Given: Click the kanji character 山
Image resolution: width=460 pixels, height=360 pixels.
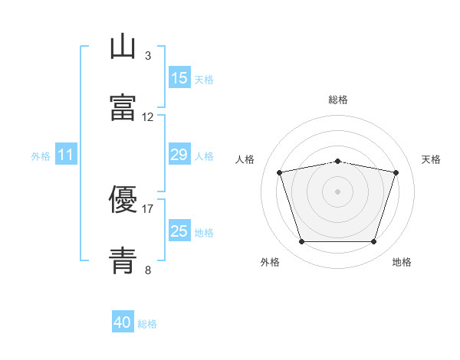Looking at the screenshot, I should (x=123, y=47).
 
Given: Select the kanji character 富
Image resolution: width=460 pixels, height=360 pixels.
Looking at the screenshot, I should (x=123, y=109).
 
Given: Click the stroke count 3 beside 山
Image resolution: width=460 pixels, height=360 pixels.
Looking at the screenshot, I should (x=147, y=55).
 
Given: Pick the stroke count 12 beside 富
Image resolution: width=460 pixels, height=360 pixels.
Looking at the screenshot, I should (x=148, y=117).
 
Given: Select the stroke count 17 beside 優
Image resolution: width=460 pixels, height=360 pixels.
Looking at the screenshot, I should (x=148, y=208).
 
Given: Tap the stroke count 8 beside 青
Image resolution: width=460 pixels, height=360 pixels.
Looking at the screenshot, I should (x=147, y=270).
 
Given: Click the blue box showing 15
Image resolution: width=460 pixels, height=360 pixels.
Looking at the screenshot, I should (x=179, y=78).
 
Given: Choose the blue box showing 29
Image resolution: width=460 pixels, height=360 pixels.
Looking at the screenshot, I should (x=179, y=155).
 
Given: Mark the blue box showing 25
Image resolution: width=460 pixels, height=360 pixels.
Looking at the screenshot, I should (x=179, y=231).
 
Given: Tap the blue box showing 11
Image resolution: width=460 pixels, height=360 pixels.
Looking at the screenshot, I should (x=66, y=155).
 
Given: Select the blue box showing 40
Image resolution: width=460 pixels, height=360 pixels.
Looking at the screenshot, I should (x=123, y=322).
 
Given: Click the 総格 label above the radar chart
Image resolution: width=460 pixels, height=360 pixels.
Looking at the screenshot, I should (x=337, y=100).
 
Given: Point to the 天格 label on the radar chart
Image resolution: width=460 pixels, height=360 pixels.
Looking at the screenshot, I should (x=431, y=159).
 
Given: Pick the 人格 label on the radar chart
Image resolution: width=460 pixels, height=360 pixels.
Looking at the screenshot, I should (x=245, y=159).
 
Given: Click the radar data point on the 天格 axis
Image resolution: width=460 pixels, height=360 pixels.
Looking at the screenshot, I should (x=396, y=173).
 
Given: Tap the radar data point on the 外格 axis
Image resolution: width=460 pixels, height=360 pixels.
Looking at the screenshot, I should (x=301, y=242).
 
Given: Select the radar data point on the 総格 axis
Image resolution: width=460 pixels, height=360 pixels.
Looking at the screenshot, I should (x=337, y=161).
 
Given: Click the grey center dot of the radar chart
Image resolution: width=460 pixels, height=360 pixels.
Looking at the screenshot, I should (x=337, y=191).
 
